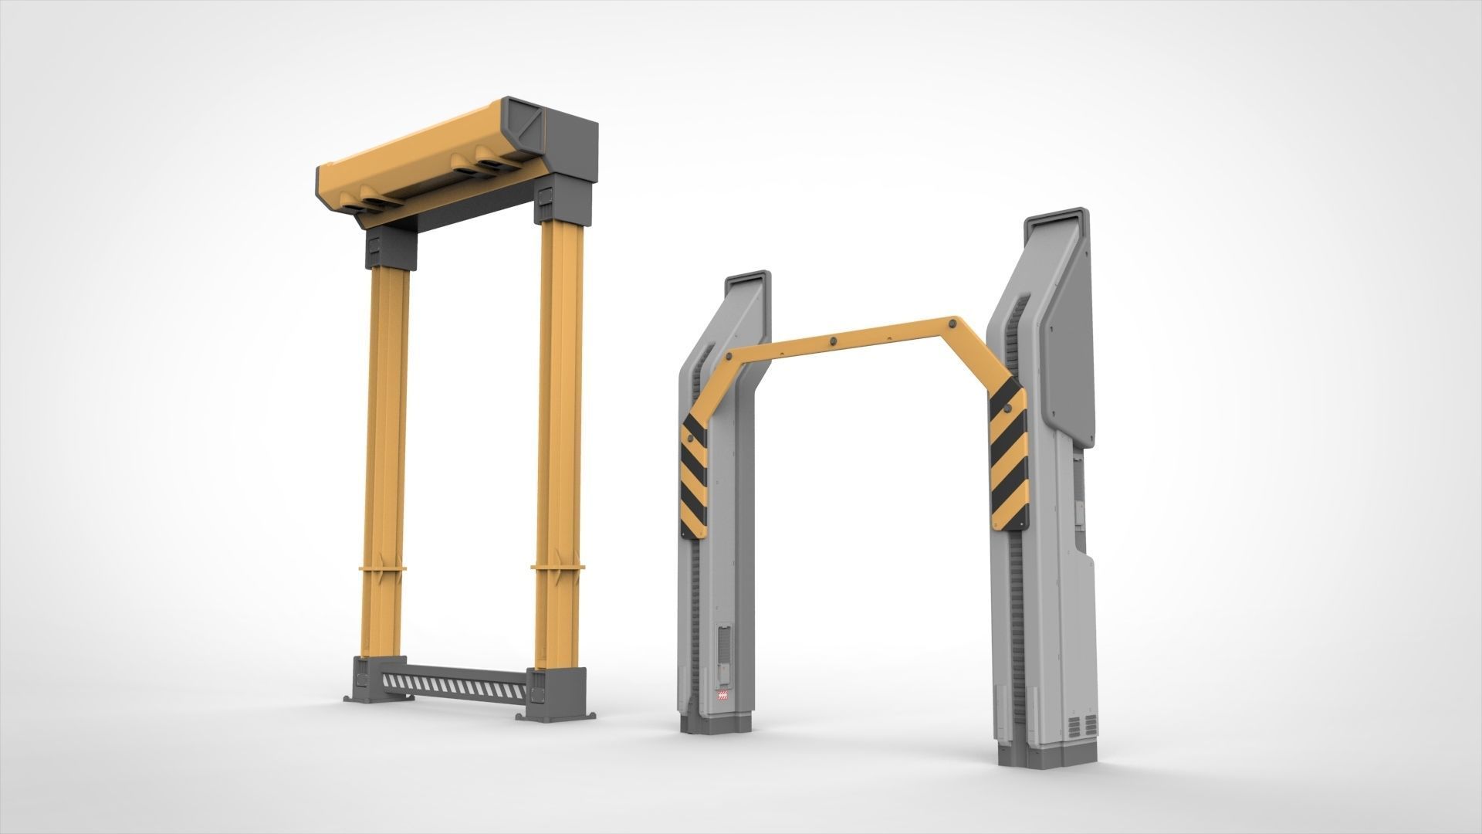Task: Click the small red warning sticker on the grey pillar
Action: click(723, 698)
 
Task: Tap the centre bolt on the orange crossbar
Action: click(834, 341)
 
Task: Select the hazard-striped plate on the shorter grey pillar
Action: click(694, 474)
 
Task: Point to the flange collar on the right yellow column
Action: click(557, 569)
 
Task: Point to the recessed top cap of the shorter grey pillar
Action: click(746, 284)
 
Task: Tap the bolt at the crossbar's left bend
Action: click(727, 358)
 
